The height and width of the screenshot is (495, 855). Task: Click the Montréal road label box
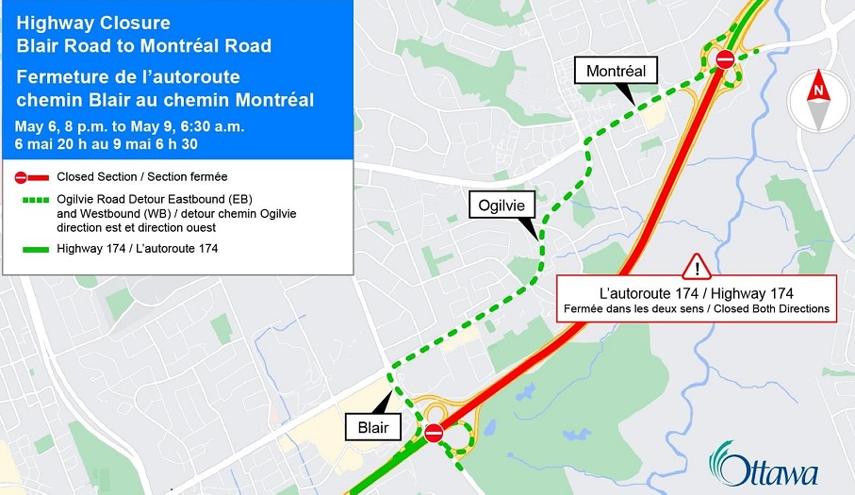[616, 71]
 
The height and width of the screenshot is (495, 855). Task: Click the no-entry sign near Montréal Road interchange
[724, 59]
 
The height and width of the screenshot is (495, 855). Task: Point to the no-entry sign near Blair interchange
[435, 433]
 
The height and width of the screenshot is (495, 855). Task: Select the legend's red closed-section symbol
[31, 176]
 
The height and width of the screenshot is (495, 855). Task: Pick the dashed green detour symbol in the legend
[31, 200]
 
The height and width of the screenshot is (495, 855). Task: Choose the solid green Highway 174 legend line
[31, 248]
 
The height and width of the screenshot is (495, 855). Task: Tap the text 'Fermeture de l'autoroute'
[127, 75]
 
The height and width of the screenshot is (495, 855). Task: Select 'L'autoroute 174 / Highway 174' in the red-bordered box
[697, 293]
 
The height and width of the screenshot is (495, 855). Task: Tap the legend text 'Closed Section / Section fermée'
[141, 176]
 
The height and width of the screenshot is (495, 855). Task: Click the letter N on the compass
[818, 91]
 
